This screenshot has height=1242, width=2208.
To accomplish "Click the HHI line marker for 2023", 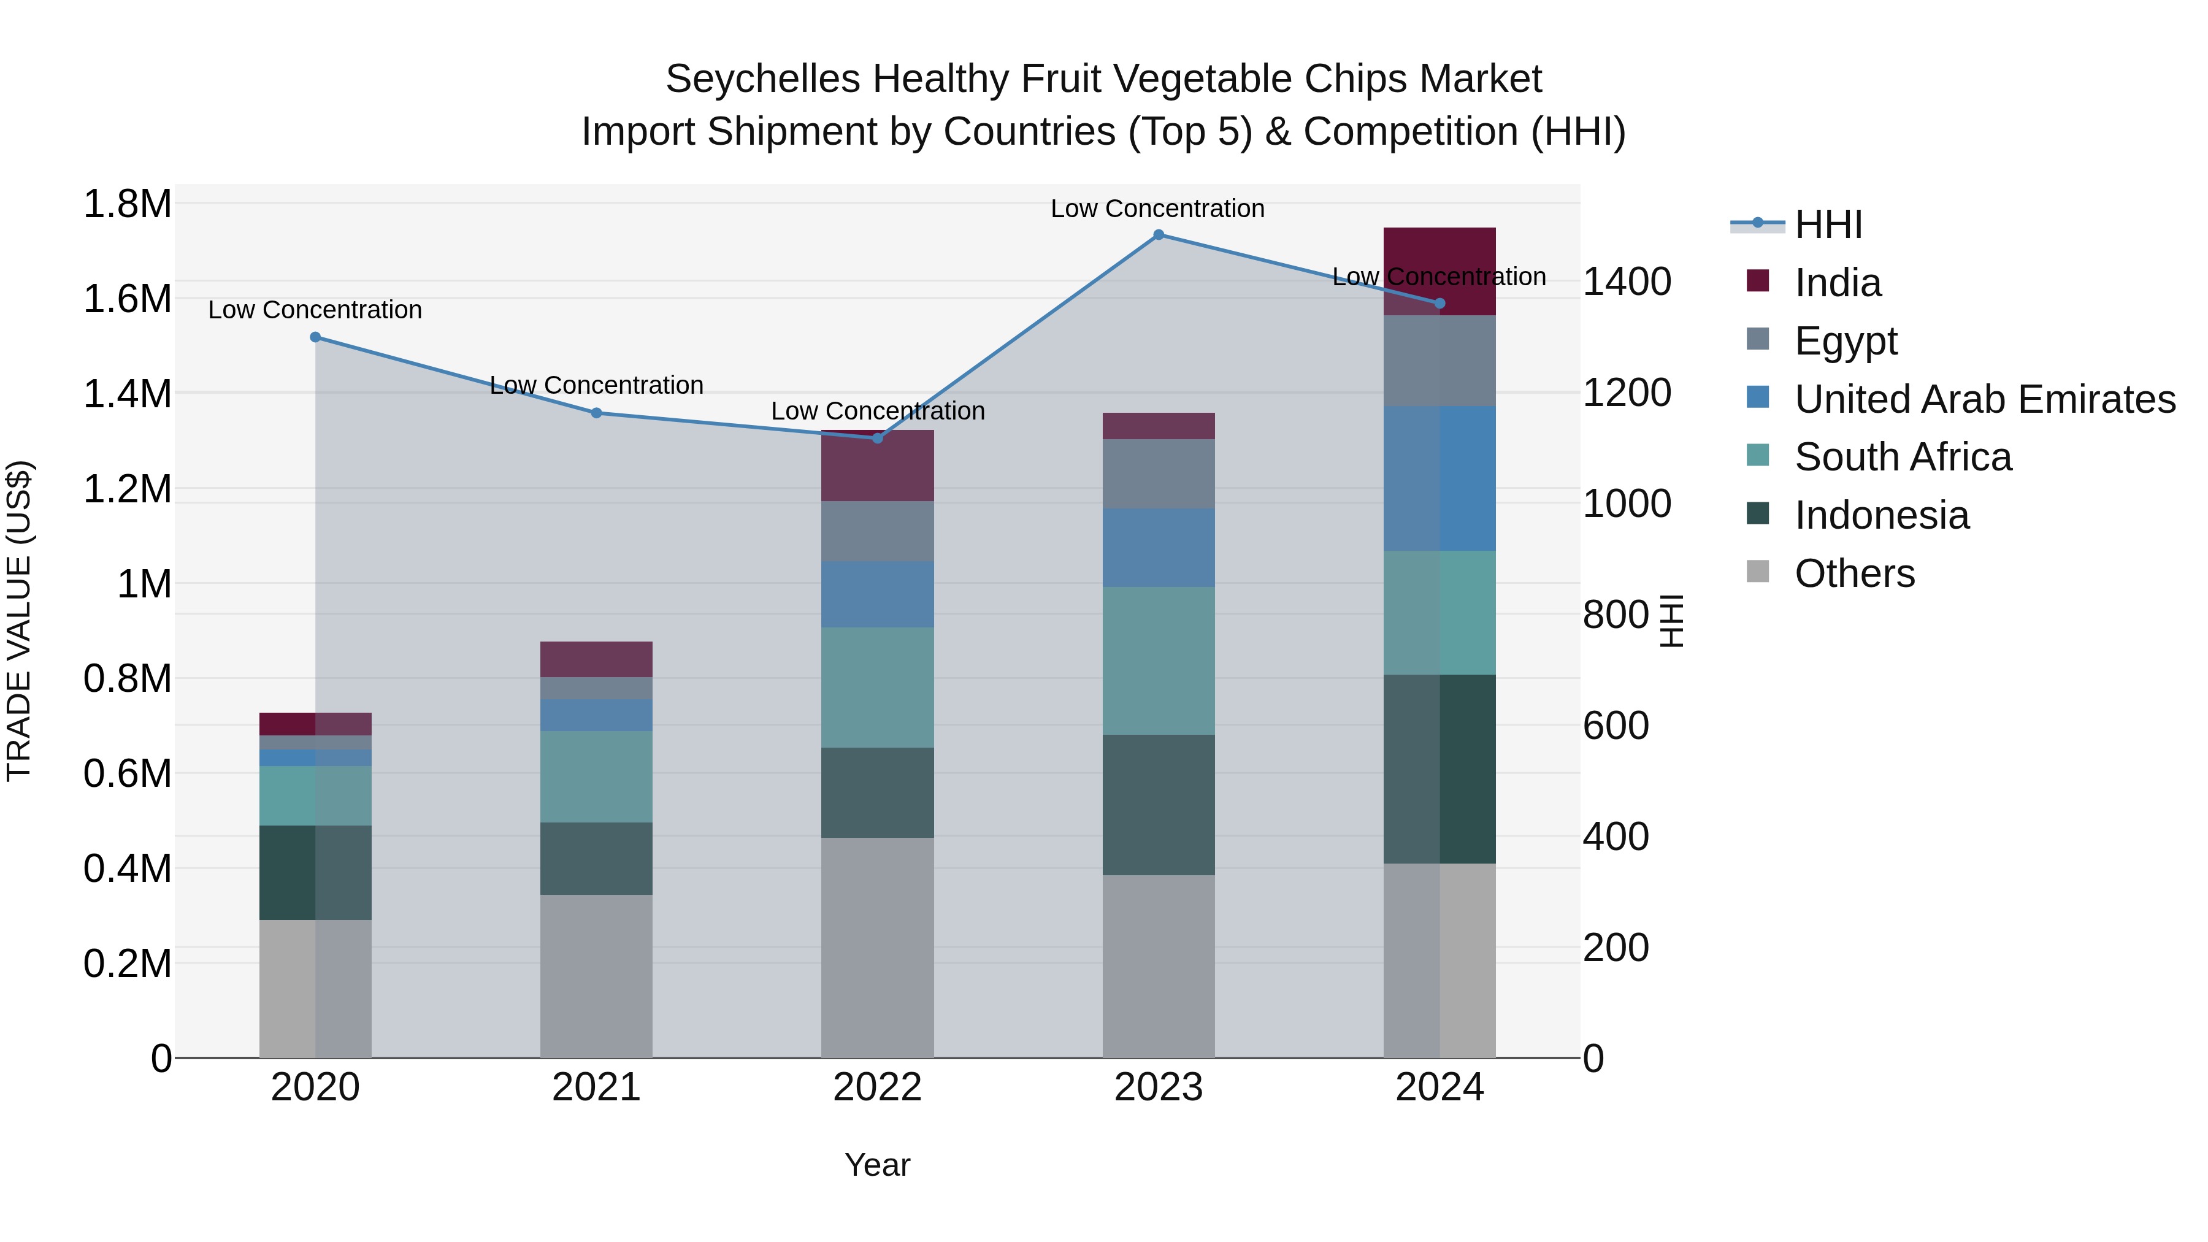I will (1158, 235).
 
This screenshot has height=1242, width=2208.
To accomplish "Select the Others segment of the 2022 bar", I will (877, 947).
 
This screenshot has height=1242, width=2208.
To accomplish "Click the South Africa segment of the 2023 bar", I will (1158, 661).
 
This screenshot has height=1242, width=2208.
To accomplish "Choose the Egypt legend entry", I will (1846, 341).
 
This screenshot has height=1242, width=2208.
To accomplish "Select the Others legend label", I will (1855, 573).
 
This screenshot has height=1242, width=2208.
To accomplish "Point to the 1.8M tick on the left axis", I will (128, 204).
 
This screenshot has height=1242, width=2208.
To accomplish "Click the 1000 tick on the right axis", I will (1626, 504).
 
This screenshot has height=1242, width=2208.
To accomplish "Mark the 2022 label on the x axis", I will (877, 1087).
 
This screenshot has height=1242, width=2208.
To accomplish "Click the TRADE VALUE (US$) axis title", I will (20, 621).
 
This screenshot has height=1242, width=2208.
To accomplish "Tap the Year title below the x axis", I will (877, 1165).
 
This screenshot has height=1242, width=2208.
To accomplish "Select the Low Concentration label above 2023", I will (1157, 209).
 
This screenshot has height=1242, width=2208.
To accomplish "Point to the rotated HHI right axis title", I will (1671, 621).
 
